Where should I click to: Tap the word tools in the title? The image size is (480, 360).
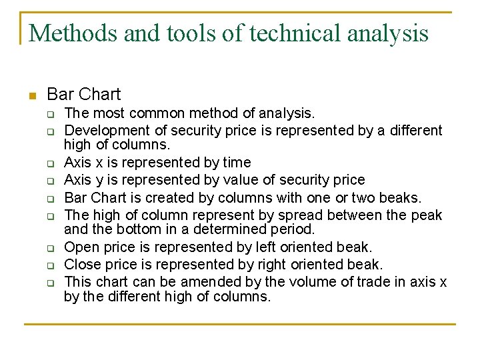[x=190, y=32]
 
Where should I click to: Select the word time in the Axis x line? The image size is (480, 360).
[x=237, y=163]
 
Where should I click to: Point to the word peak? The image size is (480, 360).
[x=427, y=215]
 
